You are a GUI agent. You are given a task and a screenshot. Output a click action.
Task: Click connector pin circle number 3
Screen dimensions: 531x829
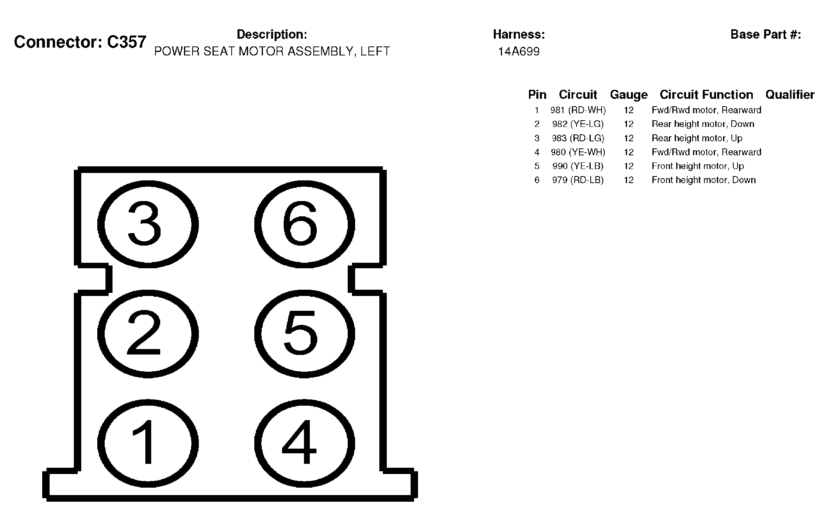click(148, 224)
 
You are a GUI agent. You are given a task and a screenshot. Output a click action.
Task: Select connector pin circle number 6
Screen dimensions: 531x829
click(304, 224)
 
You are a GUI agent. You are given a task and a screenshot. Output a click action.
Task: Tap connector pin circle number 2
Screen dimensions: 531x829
click(148, 334)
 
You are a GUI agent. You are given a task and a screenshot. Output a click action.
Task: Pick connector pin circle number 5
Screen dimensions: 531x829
click(304, 334)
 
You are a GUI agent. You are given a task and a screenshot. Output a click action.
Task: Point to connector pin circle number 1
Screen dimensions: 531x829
click(148, 444)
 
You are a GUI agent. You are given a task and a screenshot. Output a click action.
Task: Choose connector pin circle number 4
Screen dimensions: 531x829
click(304, 444)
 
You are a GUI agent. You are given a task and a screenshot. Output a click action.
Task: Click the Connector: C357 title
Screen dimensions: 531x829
click(80, 42)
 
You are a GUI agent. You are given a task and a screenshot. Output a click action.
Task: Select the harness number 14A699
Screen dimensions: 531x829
click(518, 52)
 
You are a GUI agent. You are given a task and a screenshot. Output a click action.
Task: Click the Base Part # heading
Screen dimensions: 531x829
click(765, 34)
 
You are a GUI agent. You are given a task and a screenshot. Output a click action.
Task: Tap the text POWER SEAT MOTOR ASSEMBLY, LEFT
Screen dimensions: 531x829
click(272, 52)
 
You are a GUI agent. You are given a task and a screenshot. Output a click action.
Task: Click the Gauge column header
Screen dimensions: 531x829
click(629, 94)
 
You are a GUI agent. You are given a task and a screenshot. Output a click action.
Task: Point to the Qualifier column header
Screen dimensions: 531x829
click(790, 94)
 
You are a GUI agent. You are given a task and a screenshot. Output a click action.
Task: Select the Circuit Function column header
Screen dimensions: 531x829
click(706, 94)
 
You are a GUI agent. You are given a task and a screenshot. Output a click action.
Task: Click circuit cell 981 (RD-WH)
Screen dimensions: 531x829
click(578, 110)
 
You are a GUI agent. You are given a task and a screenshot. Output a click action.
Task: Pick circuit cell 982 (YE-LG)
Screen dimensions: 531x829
click(578, 124)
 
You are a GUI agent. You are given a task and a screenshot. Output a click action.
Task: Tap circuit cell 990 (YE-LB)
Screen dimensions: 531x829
click(578, 166)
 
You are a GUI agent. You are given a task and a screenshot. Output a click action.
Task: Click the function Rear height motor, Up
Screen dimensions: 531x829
click(697, 138)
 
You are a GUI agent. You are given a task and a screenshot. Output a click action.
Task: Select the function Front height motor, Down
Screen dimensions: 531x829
click(704, 180)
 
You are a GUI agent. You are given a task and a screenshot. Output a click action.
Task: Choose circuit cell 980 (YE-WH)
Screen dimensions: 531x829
click(578, 152)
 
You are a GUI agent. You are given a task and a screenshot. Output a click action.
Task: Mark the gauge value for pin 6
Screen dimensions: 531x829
click(629, 180)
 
